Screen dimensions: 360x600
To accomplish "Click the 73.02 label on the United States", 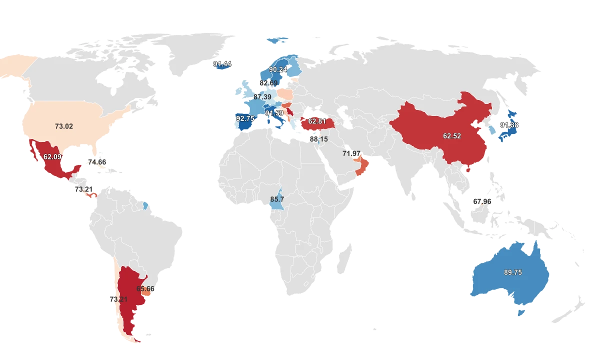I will pyautogui.click(x=64, y=126).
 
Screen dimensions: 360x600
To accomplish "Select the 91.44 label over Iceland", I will pyautogui.click(x=222, y=64).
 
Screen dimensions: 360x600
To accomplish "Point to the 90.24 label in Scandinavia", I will pyautogui.click(x=278, y=69).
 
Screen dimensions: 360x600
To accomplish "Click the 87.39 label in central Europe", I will pyautogui.click(x=262, y=96).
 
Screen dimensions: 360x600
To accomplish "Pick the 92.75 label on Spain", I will pyautogui.click(x=245, y=118).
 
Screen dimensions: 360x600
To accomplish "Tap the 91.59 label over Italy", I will pyautogui.click(x=274, y=113).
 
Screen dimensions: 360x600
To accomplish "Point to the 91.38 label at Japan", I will pyautogui.click(x=509, y=125).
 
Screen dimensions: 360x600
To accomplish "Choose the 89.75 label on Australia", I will pyautogui.click(x=513, y=272).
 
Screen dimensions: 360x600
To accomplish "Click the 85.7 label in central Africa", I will pyautogui.click(x=277, y=199).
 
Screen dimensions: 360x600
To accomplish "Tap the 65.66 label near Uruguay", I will pyautogui.click(x=145, y=289).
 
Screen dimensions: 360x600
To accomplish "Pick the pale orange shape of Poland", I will pyautogui.click(x=286, y=94).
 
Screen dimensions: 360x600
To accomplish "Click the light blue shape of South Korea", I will pyautogui.click(x=492, y=129).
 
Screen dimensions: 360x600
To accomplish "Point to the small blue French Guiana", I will pyautogui.click(x=145, y=205).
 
